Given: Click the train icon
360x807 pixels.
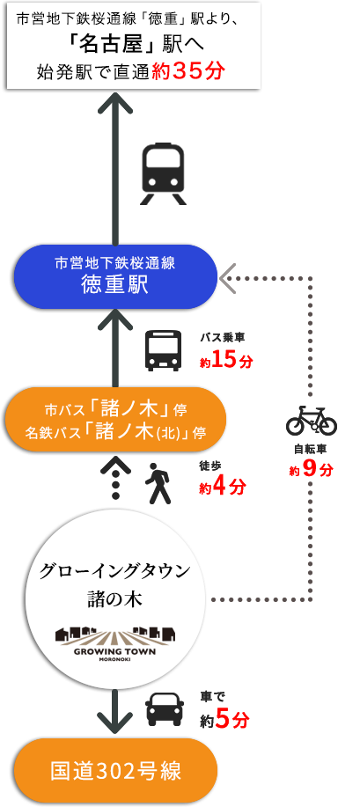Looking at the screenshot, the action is click(163, 173).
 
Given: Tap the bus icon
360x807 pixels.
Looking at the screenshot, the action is click(163, 350).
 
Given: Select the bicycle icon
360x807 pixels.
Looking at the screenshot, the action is click(311, 420).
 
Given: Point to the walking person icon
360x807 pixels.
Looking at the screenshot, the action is click(158, 483).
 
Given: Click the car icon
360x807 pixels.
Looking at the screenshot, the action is click(165, 708).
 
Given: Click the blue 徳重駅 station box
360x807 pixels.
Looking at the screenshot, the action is click(114, 276).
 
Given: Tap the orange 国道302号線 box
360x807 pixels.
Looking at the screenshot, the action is click(115, 770).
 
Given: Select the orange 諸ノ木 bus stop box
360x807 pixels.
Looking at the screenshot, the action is click(114, 420).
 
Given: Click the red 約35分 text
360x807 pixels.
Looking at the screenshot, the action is click(188, 71).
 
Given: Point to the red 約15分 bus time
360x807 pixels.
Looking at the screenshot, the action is click(226, 361).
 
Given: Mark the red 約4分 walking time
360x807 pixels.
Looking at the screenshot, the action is click(223, 487).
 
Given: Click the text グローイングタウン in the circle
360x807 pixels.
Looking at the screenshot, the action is click(114, 571).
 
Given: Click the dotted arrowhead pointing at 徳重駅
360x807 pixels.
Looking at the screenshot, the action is click(226, 278).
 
